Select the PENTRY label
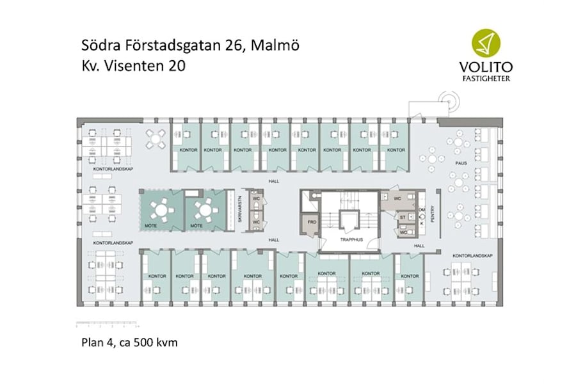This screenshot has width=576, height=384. [x=433, y=212]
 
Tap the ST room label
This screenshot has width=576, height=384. [x=403, y=218]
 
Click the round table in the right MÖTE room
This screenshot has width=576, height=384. [x=204, y=209]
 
